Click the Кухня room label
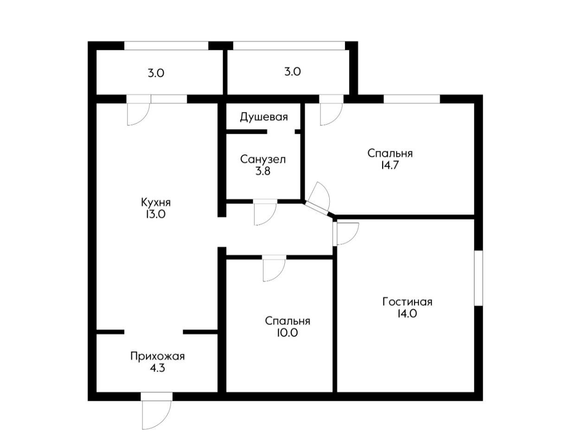click(156, 202)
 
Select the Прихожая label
click(157, 356)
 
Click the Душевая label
click(263, 117)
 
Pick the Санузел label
click(263, 159)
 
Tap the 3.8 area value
click(262, 171)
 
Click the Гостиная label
click(407, 302)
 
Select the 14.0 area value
click(407, 314)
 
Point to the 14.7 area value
click(390, 165)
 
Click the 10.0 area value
click(288, 333)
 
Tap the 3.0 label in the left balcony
click(156, 73)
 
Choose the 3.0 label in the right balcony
click(292, 72)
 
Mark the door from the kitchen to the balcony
click(138, 113)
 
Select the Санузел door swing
click(265, 213)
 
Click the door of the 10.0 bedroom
click(274, 269)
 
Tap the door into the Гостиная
click(346, 233)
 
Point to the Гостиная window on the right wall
click(478, 277)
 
